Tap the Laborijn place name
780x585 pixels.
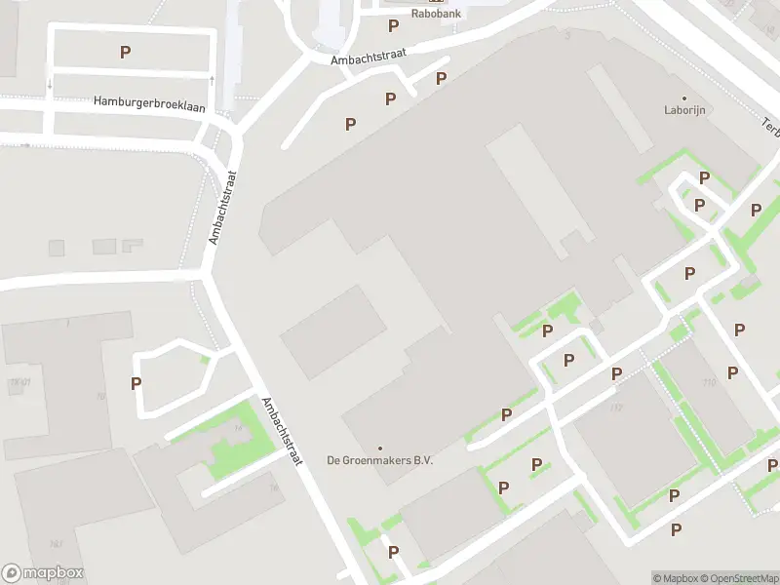click(x=684, y=110)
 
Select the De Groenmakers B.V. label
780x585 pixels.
click(x=379, y=460)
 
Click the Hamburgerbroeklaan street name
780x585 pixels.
click(x=149, y=102)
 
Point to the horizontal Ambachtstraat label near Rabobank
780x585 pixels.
click(x=368, y=59)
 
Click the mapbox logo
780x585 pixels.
click(x=43, y=573)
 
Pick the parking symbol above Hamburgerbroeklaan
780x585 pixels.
click(x=125, y=52)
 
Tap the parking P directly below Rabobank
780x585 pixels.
click(x=393, y=26)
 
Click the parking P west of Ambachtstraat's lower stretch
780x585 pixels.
click(x=136, y=383)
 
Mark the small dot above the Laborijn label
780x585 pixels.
click(x=684, y=98)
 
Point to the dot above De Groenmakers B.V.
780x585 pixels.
click(x=379, y=448)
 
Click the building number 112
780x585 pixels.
click(x=615, y=407)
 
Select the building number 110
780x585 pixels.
click(x=708, y=382)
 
